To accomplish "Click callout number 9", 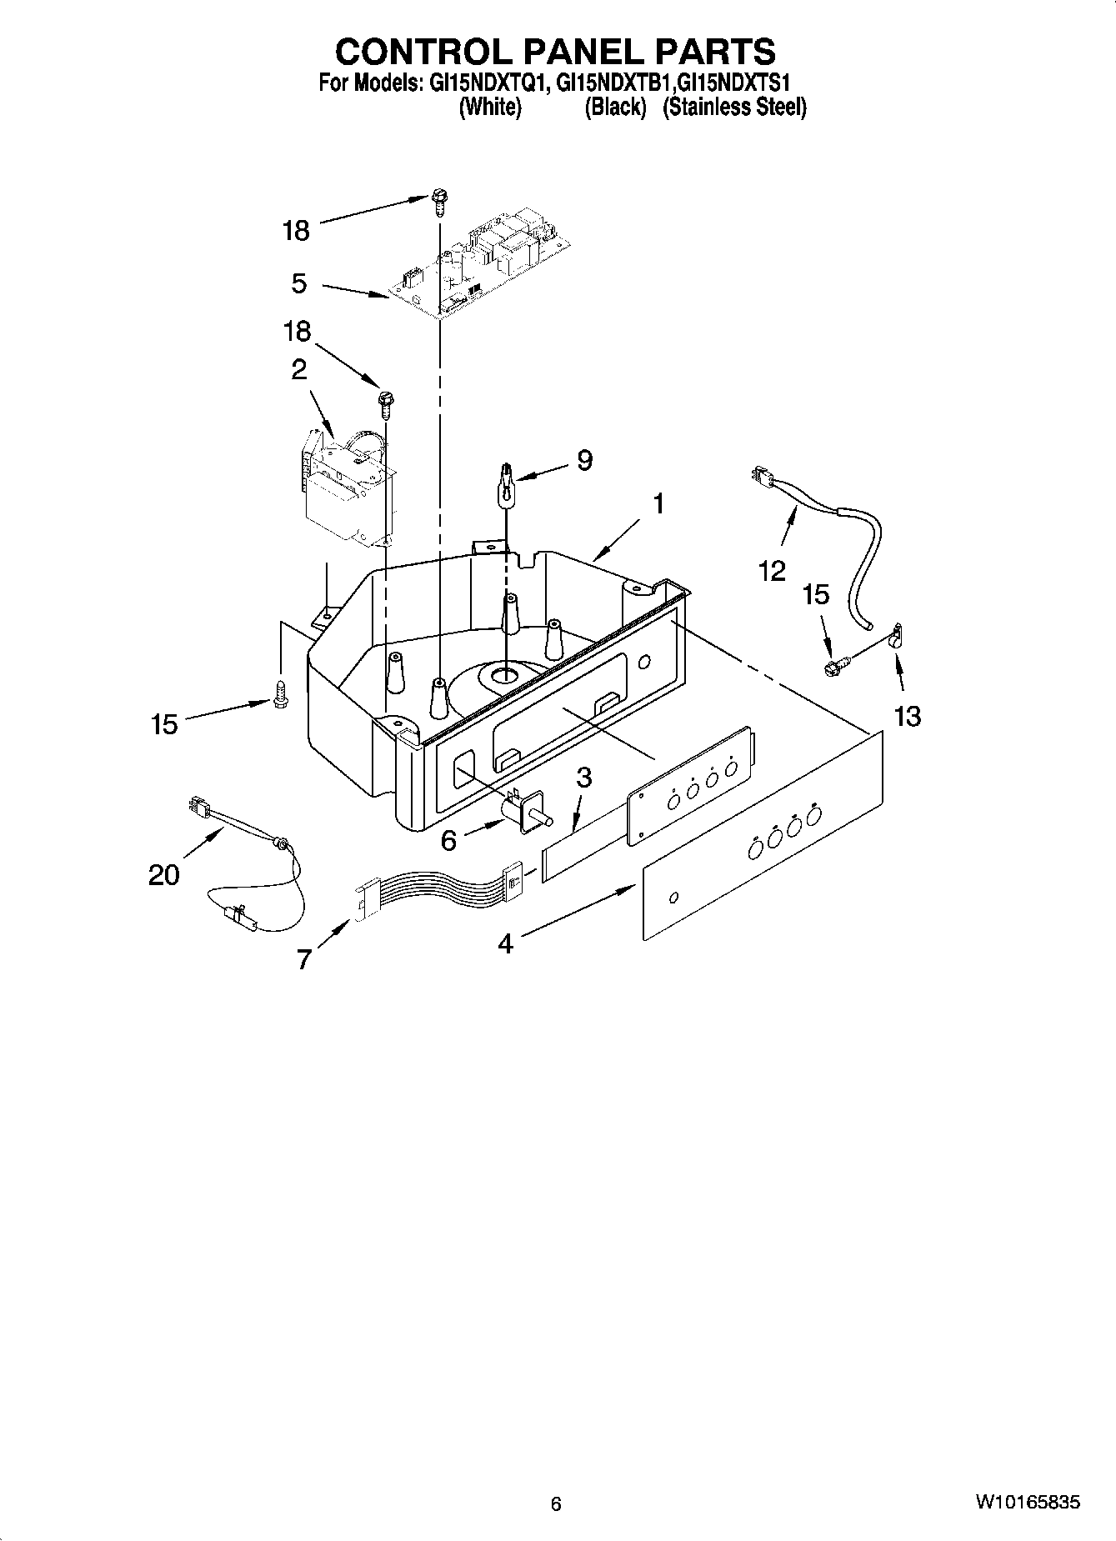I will click(584, 460).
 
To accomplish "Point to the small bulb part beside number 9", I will click(505, 487).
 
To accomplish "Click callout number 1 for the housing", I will click(658, 504).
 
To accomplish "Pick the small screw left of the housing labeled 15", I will click(280, 693).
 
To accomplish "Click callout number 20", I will click(164, 875).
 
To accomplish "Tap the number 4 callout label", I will click(505, 943).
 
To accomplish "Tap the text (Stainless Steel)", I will click(734, 107).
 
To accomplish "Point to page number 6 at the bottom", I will click(556, 1504).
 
